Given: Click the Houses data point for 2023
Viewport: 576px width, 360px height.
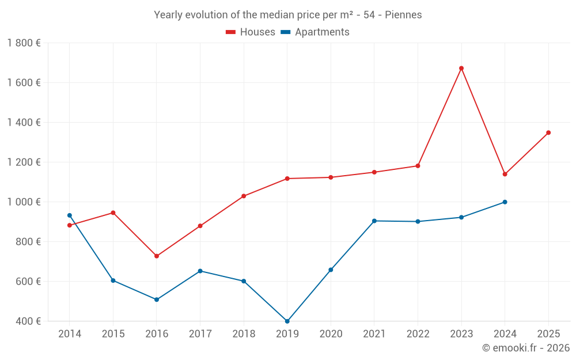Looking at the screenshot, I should pos(461,69).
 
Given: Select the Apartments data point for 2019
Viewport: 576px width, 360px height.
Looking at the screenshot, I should pos(287,321).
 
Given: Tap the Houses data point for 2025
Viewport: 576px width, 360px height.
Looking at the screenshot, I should pos(548,132).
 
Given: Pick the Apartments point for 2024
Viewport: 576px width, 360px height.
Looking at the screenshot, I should pos(505,202).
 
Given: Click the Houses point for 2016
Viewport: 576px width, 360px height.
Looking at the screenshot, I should pos(157,256).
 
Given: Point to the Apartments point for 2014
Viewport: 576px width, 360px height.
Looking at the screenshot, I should pos(70,215).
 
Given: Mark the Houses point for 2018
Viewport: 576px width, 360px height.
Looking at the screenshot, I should pos(244,196).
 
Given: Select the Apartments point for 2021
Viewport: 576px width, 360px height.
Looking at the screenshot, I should pos(374,221).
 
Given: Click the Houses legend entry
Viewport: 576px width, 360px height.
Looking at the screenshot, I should pos(251,32).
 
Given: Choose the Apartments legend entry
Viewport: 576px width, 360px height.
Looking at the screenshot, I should pos(315,32).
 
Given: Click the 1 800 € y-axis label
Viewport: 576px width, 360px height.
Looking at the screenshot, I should pos(24,43).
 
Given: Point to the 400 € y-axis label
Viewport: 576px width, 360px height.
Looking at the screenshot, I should pos(28,321).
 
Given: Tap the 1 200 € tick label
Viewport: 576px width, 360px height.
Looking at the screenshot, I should pos(24,162).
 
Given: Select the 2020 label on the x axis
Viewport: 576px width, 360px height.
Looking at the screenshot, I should pos(331,334).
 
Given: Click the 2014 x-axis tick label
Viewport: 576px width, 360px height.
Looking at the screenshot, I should pos(70,334).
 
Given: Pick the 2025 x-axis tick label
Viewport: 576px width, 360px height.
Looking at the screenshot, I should pos(548,334).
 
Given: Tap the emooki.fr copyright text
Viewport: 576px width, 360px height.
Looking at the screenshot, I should pos(525,348).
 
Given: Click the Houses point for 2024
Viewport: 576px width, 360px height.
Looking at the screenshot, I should pos(505,174).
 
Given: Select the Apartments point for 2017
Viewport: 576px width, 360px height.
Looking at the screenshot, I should pos(200,271).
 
